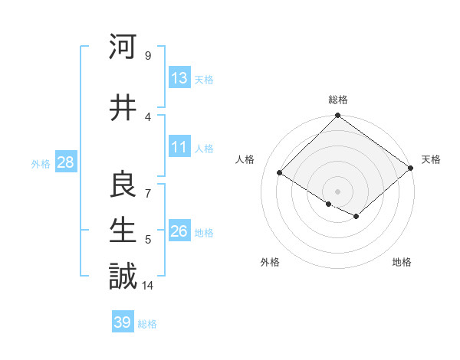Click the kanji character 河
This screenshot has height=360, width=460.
point(123,47)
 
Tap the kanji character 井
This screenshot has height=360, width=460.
point(123,108)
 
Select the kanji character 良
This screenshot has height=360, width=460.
point(123,184)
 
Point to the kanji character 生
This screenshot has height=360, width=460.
point(123,230)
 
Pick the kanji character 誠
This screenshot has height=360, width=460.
point(123,276)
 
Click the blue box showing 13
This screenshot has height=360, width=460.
point(179,79)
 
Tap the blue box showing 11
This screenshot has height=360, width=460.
point(179,148)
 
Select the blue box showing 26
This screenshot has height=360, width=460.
point(179,232)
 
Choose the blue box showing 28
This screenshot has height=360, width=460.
point(64,163)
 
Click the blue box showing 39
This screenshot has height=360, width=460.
point(123,322)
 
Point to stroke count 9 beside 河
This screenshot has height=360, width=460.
point(147,55)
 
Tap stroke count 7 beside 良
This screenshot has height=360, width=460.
point(147,193)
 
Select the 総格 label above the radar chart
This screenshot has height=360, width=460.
point(337,100)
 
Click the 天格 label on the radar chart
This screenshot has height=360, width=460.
point(431,159)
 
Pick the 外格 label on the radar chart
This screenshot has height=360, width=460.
point(270,262)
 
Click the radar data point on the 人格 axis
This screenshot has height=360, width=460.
point(280,173)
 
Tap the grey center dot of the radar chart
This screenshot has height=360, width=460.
point(337,191)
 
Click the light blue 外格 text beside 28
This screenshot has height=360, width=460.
point(40,164)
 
